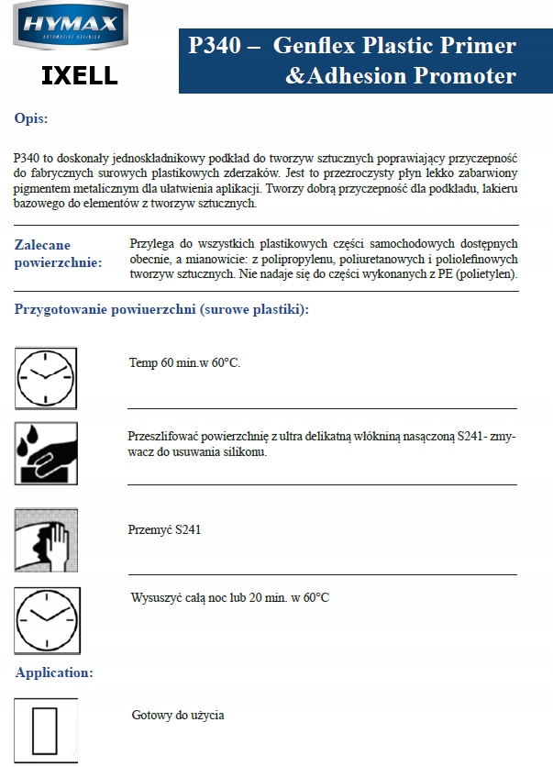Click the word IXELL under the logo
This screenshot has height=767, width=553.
80,75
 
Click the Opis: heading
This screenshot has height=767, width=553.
31,118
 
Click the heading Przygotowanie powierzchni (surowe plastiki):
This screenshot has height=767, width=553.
161,309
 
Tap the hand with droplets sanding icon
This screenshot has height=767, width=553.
46,453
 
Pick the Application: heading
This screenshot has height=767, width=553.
54,673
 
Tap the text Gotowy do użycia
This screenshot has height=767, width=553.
178,716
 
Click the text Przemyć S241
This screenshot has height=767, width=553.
164,530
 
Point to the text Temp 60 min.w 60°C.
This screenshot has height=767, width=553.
184,363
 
